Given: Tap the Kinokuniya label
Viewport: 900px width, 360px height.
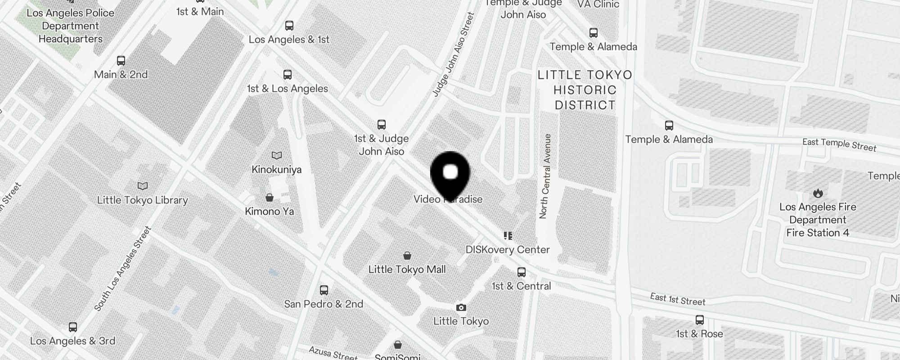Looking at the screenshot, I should click(x=276, y=170).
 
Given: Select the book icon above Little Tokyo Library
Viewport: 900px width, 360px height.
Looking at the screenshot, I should click(x=143, y=186).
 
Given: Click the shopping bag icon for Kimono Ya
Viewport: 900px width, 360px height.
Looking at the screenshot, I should click(x=270, y=198).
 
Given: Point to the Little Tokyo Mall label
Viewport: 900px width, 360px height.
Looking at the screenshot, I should click(x=407, y=269).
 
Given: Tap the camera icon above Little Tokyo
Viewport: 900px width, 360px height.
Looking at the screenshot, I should click(x=461, y=308).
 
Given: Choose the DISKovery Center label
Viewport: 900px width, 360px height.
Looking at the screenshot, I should click(x=508, y=249).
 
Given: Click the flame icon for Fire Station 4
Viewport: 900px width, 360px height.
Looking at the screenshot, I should click(x=818, y=193).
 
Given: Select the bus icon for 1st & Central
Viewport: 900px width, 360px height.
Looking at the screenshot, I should click(x=522, y=272).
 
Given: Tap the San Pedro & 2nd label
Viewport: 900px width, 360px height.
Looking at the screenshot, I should click(x=324, y=304).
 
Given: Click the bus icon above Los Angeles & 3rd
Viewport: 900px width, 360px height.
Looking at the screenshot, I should click(x=73, y=327).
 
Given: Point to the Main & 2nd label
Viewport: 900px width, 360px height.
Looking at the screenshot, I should click(x=121, y=74).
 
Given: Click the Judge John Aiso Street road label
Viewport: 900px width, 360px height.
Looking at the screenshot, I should click(x=454, y=54).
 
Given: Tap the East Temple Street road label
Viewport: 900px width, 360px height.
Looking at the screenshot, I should click(x=839, y=144).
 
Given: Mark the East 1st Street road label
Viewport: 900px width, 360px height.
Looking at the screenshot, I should click(x=678, y=299).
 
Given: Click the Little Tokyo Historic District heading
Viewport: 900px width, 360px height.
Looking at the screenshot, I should click(x=585, y=90).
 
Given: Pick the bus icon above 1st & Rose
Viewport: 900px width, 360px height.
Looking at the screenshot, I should click(x=699, y=320).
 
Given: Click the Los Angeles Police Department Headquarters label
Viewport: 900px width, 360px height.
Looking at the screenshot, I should click(x=70, y=26).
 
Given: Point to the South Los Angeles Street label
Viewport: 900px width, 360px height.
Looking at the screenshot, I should click(x=122, y=269).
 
